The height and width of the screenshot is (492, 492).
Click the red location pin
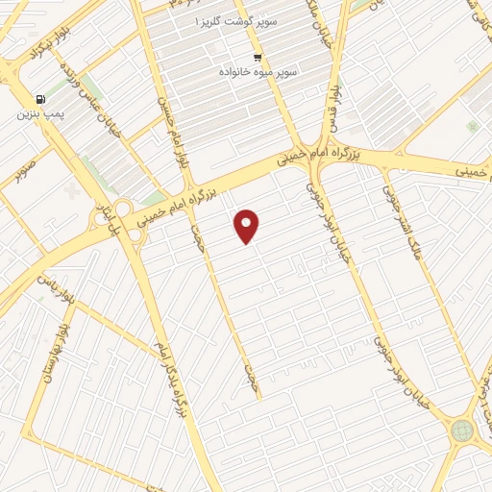247,226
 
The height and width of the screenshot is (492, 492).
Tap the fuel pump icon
39,98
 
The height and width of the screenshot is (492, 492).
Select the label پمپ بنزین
37,113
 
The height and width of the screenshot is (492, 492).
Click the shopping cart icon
258,58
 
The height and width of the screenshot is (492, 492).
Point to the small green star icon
472,126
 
